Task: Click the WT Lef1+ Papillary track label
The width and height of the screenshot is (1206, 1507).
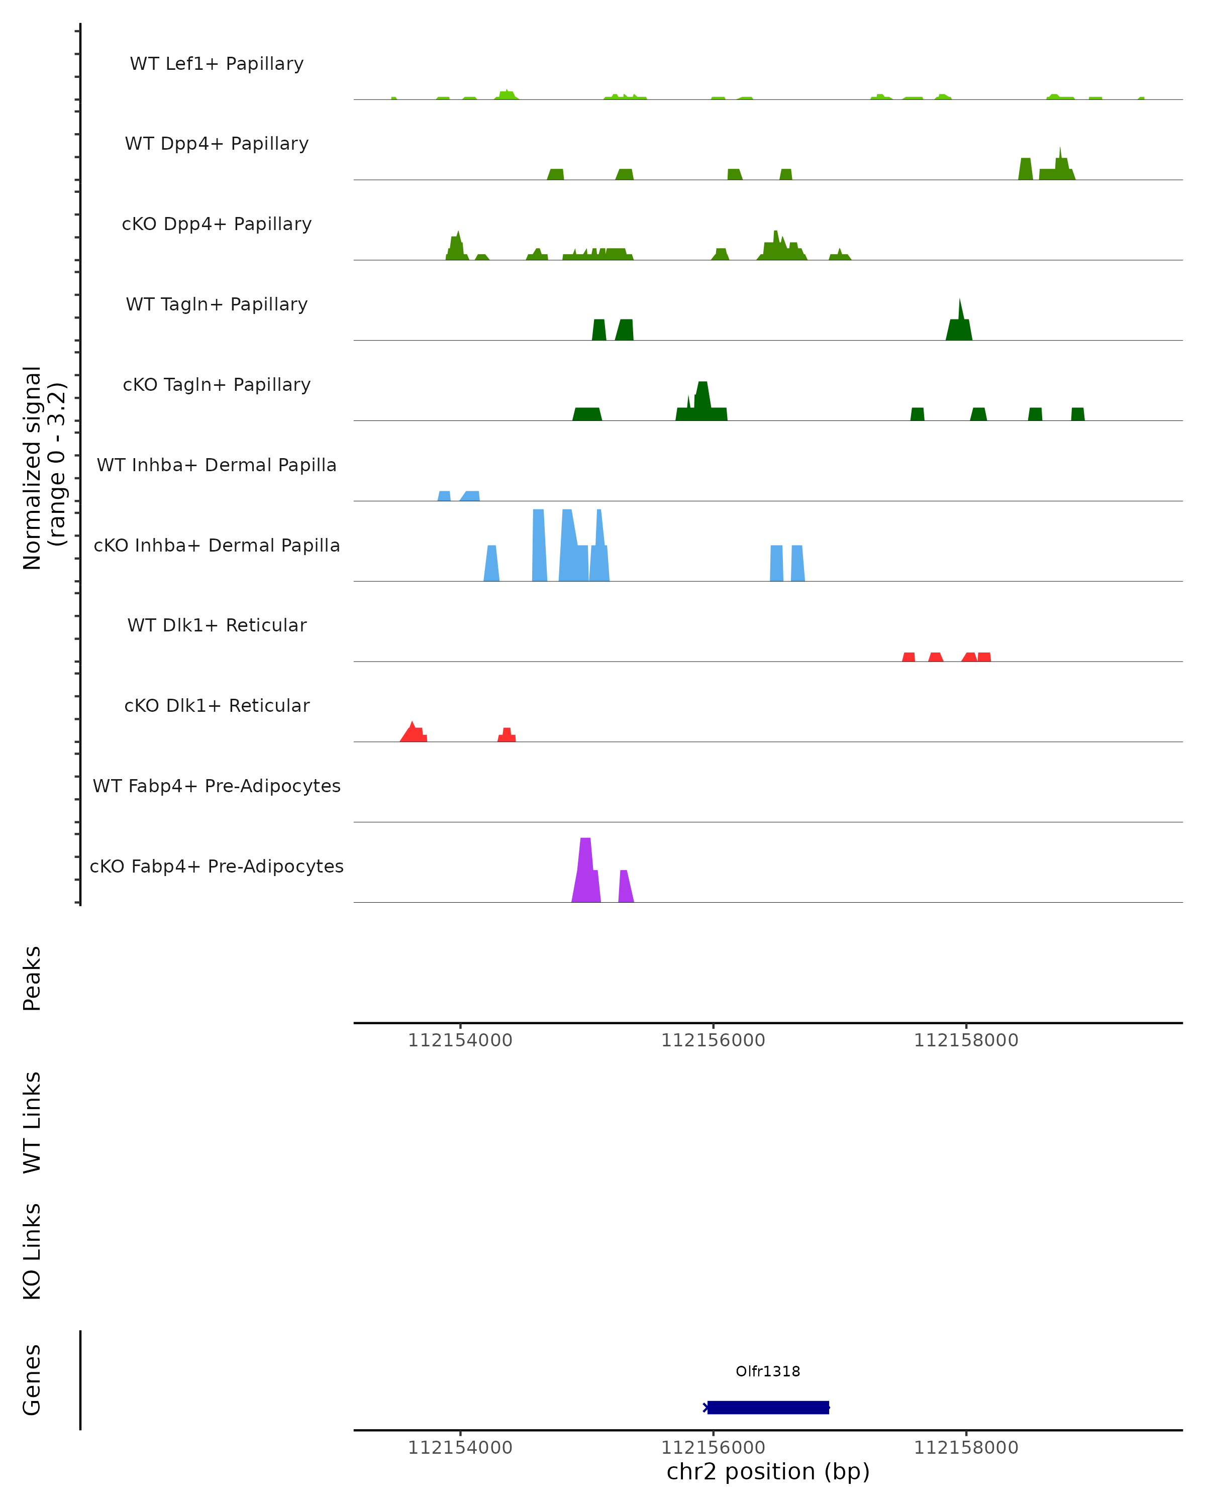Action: [x=217, y=64]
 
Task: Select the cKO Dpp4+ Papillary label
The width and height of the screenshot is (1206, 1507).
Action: [x=217, y=225]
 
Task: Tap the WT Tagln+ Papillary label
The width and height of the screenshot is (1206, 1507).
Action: [x=217, y=305]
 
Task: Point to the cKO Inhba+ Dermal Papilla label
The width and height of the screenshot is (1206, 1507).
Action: [x=217, y=546]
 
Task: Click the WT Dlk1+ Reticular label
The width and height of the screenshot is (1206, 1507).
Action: [x=217, y=625]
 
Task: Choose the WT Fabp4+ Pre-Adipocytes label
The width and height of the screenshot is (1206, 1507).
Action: [x=217, y=786]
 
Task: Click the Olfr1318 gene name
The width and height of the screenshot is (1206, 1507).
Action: [x=768, y=1371]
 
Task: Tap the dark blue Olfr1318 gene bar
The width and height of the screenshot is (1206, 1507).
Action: [x=768, y=1408]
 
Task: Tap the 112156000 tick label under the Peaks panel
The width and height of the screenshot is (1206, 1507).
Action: [x=713, y=1041]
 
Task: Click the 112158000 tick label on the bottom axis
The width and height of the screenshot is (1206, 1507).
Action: [x=966, y=1448]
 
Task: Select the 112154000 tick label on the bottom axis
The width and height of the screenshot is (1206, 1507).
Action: [x=460, y=1448]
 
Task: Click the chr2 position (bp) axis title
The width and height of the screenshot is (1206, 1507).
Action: [x=768, y=1472]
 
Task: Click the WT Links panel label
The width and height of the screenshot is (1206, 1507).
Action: [x=32, y=1123]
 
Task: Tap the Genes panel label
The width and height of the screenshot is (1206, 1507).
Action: [x=32, y=1380]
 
